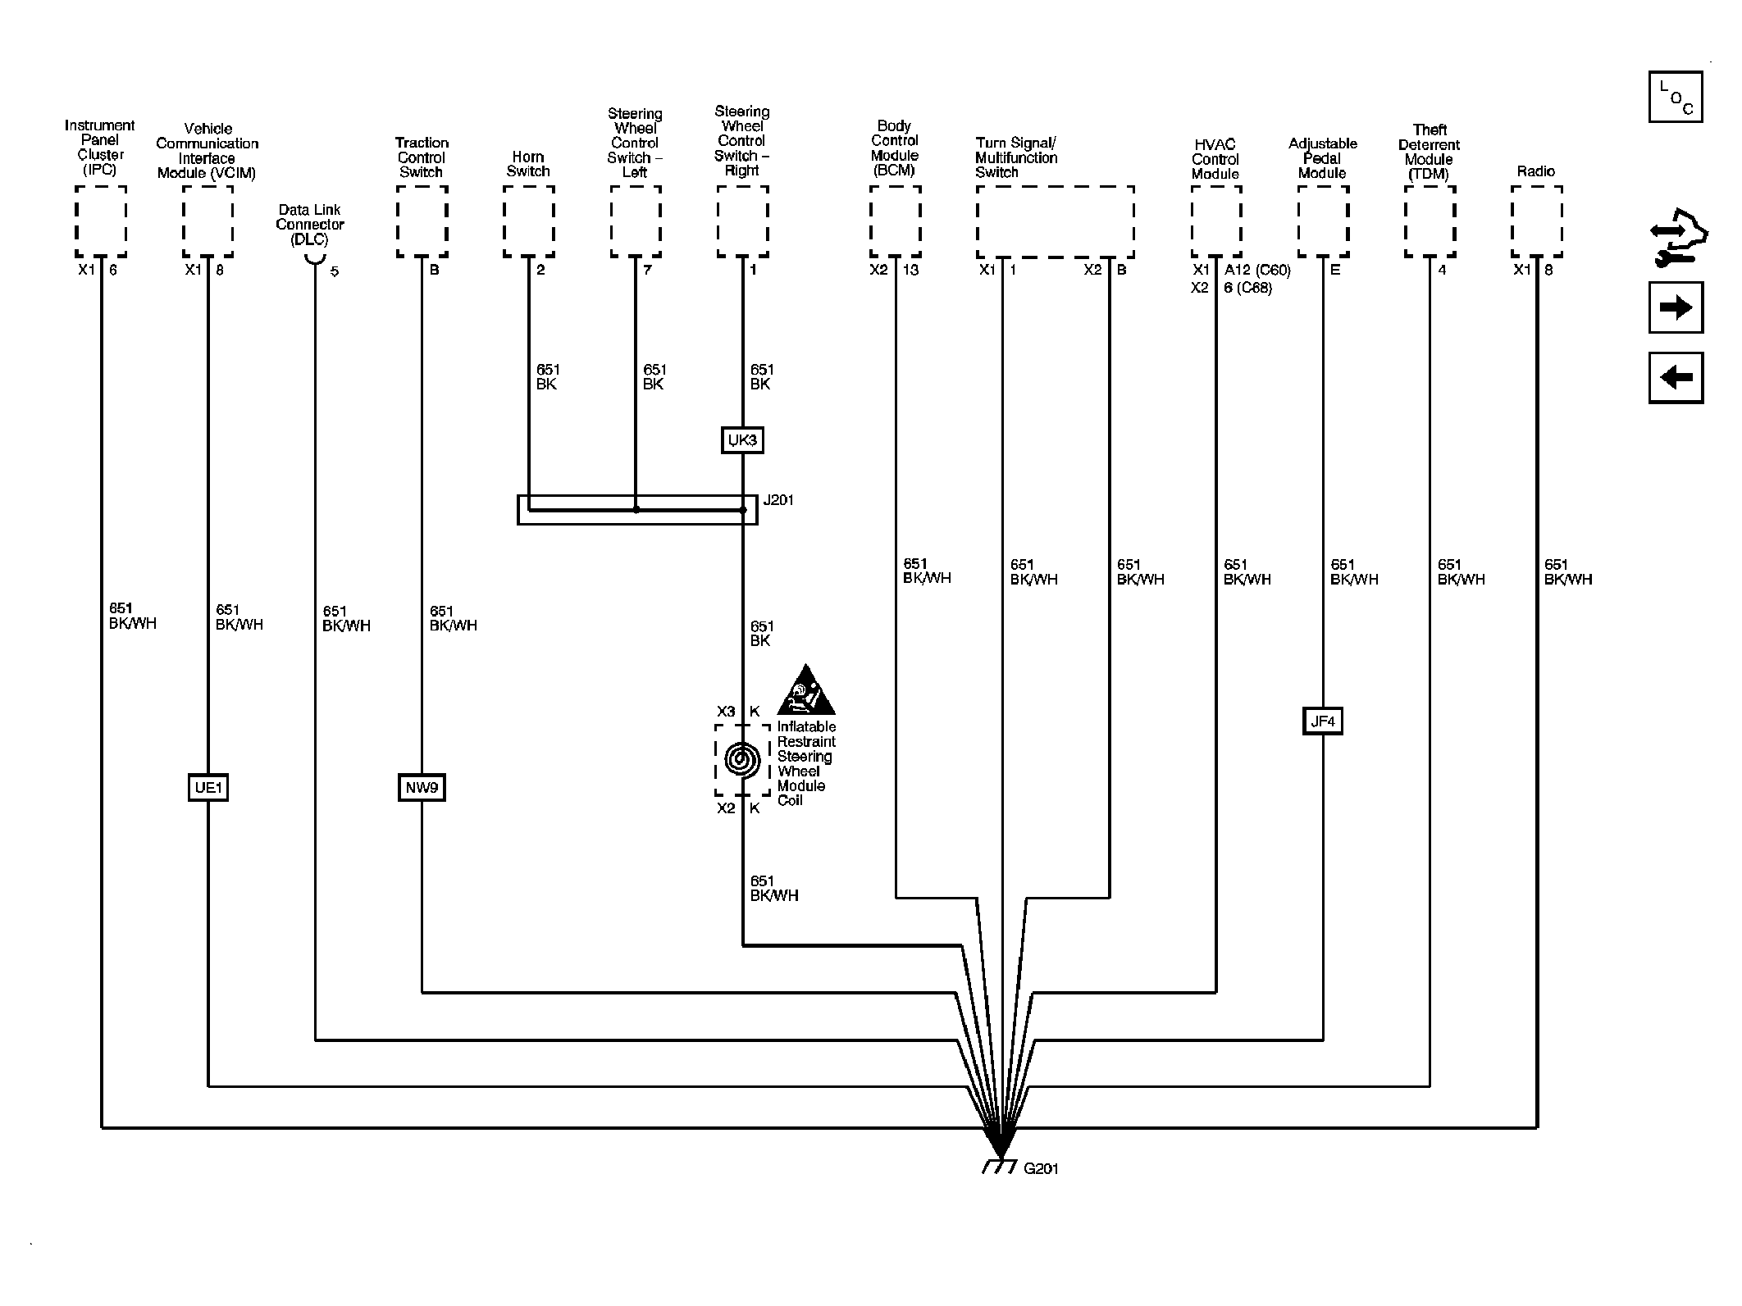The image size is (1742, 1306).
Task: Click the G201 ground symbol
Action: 1000,1165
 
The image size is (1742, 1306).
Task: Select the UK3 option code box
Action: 742,440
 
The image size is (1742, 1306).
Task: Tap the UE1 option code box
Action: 207,788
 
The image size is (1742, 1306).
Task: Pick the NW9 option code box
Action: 422,788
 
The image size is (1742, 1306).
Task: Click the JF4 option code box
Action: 1322,721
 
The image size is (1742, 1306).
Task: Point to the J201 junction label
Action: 778,500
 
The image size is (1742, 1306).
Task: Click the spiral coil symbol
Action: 742,760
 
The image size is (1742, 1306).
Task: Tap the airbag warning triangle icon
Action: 806,689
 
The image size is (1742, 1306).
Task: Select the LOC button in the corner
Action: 1676,97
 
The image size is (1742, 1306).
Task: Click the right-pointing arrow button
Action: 1676,307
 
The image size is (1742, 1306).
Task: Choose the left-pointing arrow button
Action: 1676,377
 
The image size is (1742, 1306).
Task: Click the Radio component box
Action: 1536,221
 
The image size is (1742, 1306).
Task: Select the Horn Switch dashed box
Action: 528,221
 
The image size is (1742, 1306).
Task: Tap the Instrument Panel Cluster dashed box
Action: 101,221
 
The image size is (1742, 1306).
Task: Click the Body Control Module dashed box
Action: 895,221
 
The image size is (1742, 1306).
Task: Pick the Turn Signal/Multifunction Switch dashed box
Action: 1056,221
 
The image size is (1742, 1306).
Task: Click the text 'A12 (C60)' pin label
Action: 1257,270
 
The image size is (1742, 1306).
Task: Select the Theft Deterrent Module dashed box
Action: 1430,221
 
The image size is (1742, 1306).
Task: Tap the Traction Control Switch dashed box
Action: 422,221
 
